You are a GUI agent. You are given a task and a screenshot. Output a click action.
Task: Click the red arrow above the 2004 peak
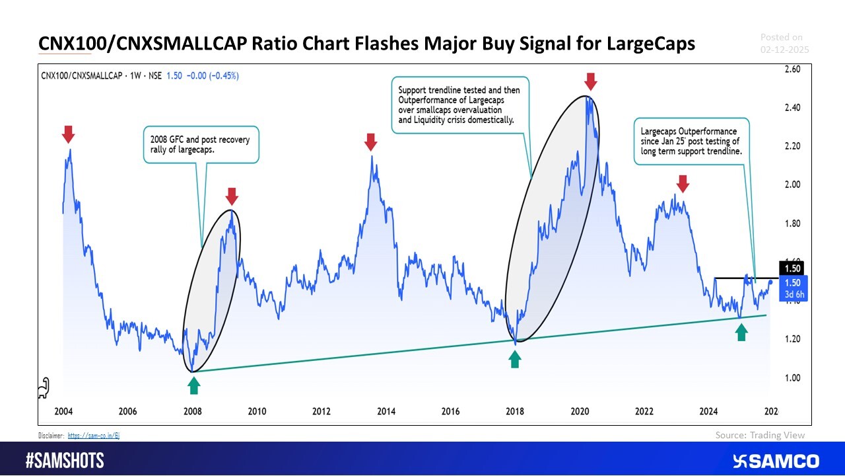click(69, 135)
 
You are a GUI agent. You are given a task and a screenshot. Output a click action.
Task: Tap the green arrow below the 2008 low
click(193, 384)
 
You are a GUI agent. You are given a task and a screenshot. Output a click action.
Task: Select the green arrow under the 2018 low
click(515, 359)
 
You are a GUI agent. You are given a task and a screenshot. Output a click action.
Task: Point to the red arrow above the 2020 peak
click(591, 82)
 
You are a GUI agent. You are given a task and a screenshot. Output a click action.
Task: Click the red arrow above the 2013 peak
click(370, 141)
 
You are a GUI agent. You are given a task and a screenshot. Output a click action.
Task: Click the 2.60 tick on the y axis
click(792, 69)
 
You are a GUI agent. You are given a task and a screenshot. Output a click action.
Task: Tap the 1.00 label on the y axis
click(792, 377)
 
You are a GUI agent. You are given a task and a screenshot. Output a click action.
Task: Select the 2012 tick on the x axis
click(321, 412)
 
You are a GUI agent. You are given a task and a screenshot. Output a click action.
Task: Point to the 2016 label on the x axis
click(450, 412)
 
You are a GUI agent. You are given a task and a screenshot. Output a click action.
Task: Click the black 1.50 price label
click(792, 268)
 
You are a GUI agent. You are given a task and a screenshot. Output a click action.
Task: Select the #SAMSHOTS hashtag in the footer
click(65, 461)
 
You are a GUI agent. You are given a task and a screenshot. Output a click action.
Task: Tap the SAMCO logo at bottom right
click(776, 461)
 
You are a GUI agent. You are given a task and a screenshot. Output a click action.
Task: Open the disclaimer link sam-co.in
click(94, 436)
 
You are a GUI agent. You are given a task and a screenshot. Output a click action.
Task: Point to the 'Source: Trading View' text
click(760, 435)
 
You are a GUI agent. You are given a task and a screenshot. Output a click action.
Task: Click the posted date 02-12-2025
click(784, 50)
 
